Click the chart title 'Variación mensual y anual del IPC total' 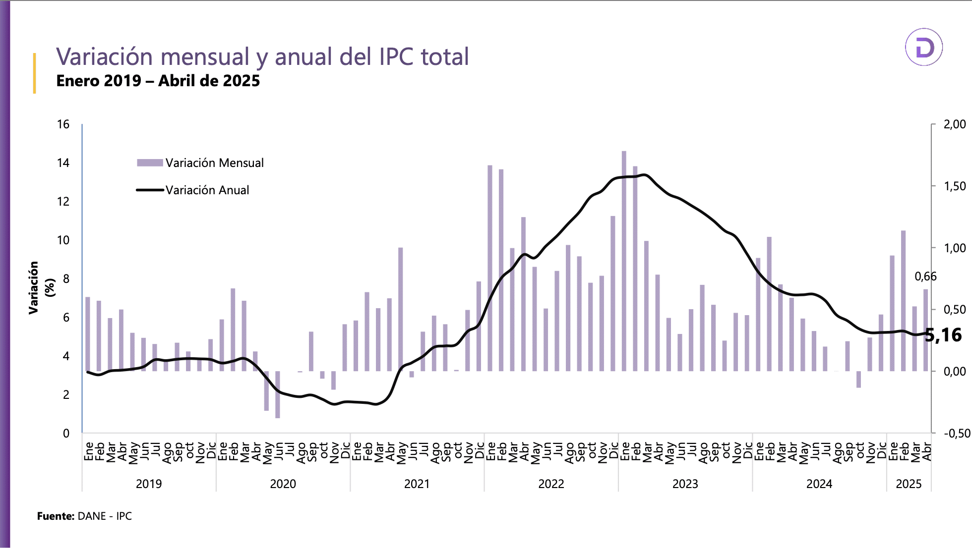click(x=262, y=56)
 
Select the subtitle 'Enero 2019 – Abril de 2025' click(x=158, y=81)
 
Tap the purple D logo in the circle click(x=923, y=48)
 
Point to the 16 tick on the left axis click(x=63, y=124)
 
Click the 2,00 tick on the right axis click(x=955, y=124)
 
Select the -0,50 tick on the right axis click(x=957, y=434)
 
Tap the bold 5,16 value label click(x=943, y=335)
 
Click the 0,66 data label click(x=925, y=276)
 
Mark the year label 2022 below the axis click(x=551, y=484)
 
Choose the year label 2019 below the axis click(x=149, y=484)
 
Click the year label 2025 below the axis click(x=909, y=484)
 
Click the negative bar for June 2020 click(x=278, y=395)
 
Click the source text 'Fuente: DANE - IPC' click(x=84, y=516)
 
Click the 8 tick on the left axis click(x=66, y=279)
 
